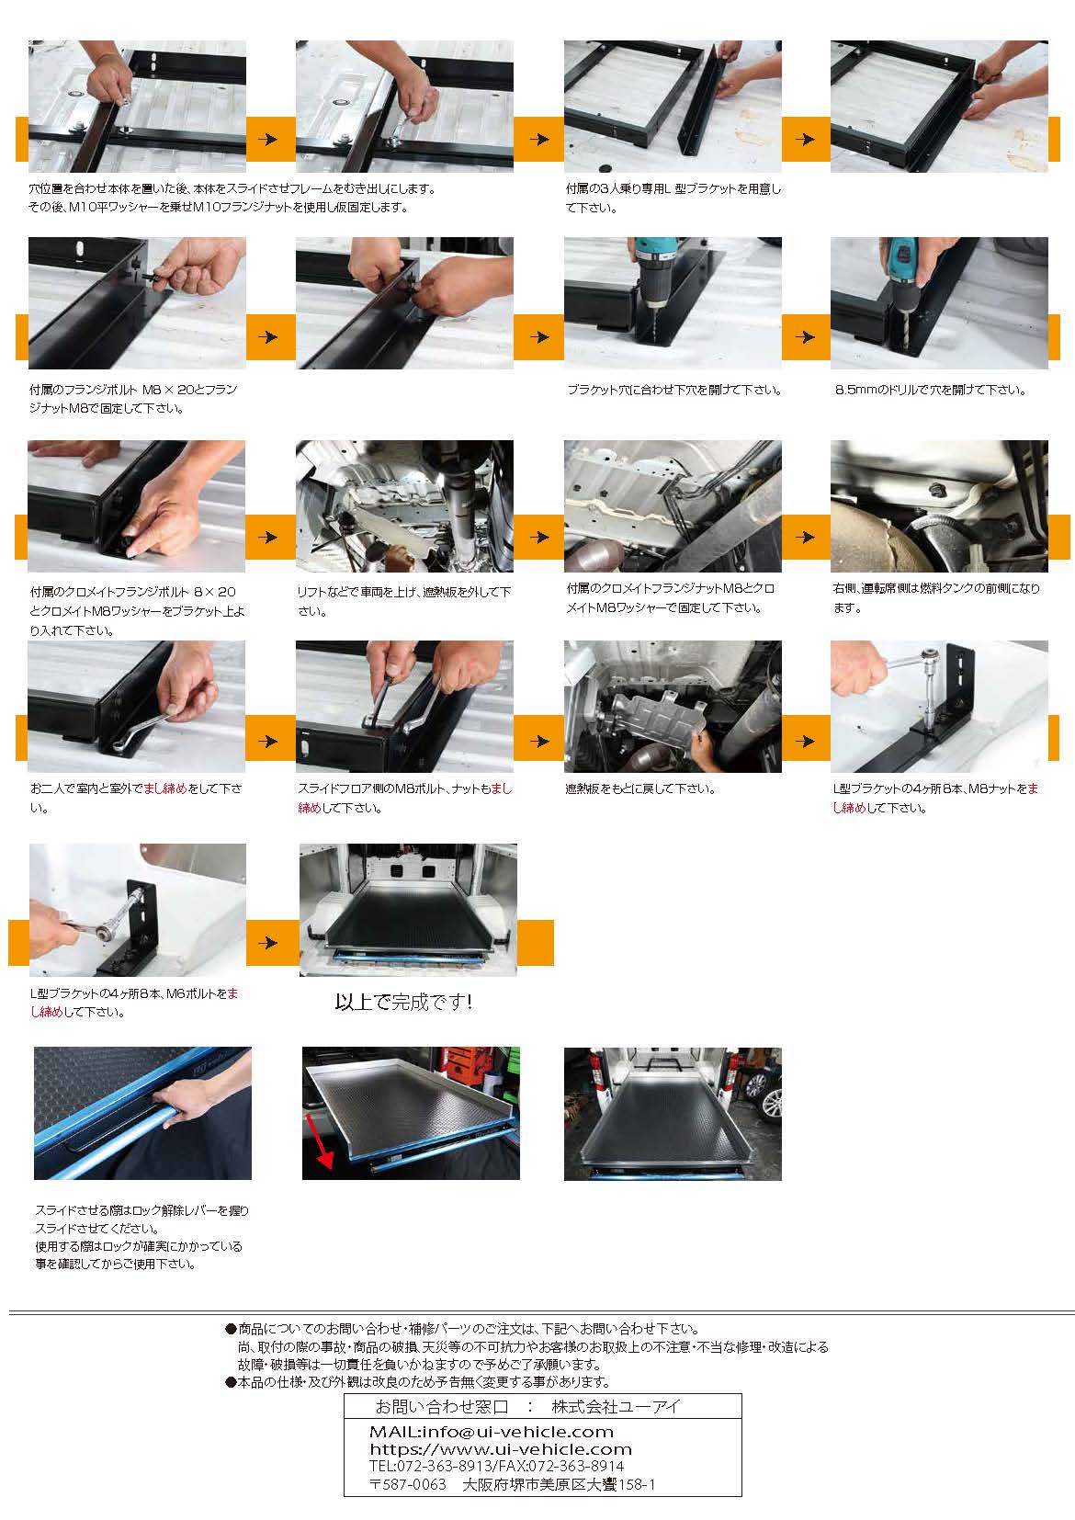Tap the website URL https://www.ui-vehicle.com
[x=501, y=1449]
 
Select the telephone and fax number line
[x=496, y=1467]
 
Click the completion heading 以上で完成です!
[x=403, y=1002]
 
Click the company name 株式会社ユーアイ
[x=616, y=1407]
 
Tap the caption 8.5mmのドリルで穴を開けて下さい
[x=930, y=391]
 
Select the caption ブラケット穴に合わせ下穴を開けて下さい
[x=674, y=391]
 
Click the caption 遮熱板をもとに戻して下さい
[x=640, y=788]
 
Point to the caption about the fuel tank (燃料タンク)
[x=936, y=598]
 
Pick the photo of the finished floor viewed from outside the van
[x=673, y=1114]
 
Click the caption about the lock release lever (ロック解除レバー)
[x=141, y=1236]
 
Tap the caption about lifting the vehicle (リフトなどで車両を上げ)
[x=404, y=601]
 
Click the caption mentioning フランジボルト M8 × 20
[x=133, y=399]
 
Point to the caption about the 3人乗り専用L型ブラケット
[x=673, y=199]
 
